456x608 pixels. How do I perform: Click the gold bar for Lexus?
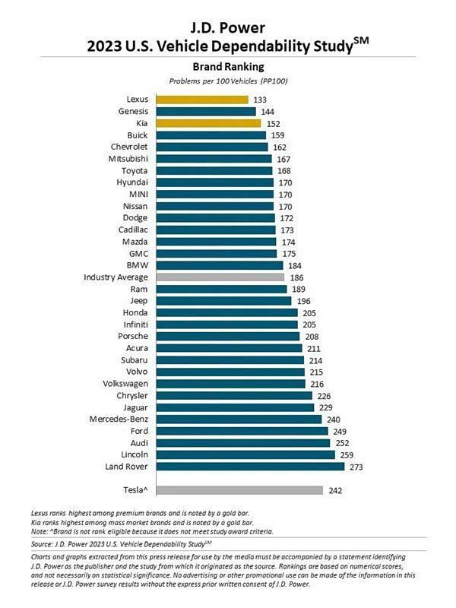pyautogui.click(x=202, y=100)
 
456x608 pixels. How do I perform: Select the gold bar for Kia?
pyautogui.click(x=208, y=123)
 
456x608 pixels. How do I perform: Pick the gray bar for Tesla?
pyautogui.click(x=239, y=490)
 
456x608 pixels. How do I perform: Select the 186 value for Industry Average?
pyautogui.click(x=298, y=277)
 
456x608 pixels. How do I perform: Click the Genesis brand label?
pyautogui.click(x=133, y=111)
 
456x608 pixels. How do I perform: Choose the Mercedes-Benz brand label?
pyautogui.click(x=119, y=419)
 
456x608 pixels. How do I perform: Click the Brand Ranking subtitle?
pyautogui.click(x=227, y=67)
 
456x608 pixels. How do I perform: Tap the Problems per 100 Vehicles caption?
pyautogui.click(x=227, y=81)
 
